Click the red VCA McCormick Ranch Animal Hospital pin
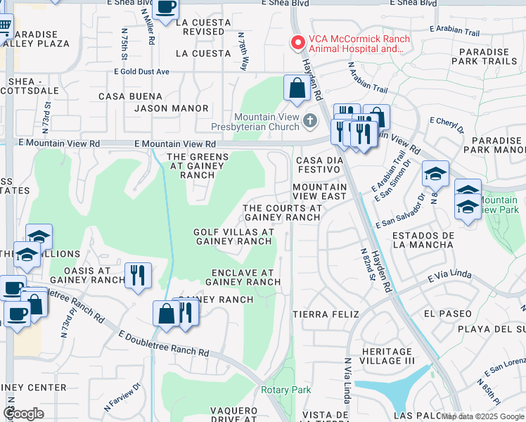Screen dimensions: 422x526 click(298, 43)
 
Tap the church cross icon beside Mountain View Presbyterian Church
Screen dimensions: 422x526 click(309, 122)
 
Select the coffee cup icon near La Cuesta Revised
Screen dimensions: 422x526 click(166, 9)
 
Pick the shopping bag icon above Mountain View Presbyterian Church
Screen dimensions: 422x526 click(297, 89)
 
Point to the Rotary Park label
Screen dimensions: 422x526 click(286, 390)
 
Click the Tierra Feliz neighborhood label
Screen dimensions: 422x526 click(326, 314)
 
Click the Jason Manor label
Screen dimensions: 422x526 click(172, 108)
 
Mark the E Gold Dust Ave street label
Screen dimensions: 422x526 click(141, 72)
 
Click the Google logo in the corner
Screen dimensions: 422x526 click(23, 414)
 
